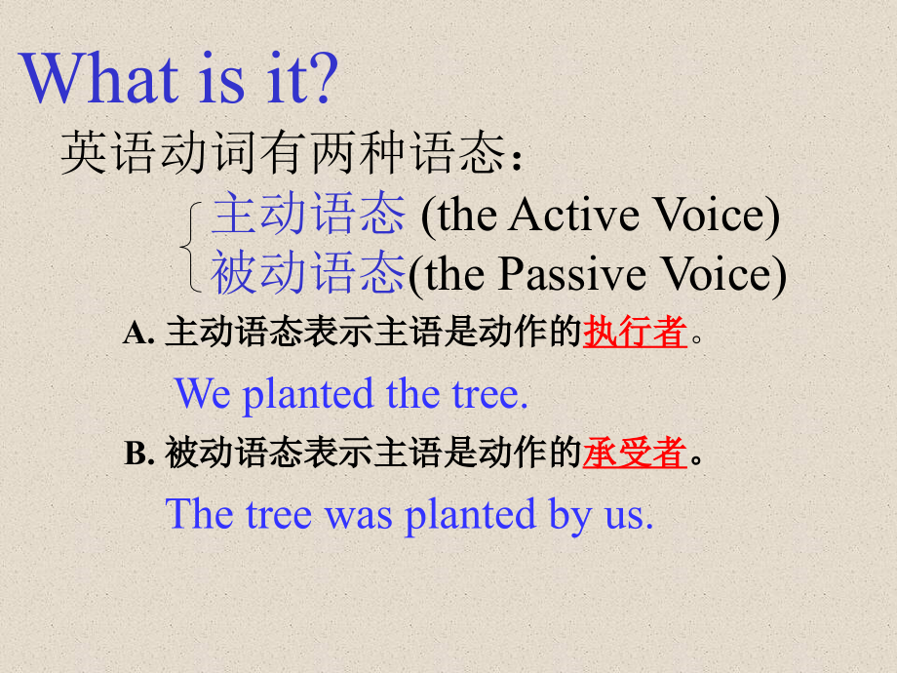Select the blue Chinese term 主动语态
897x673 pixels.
tap(308, 215)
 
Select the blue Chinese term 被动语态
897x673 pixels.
tap(308, 273)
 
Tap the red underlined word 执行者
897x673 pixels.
tap(635, 334)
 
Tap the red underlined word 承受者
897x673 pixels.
tap(635, 454)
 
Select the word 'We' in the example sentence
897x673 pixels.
tap(203, 394)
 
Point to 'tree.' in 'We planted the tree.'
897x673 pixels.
tap(485, 395)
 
